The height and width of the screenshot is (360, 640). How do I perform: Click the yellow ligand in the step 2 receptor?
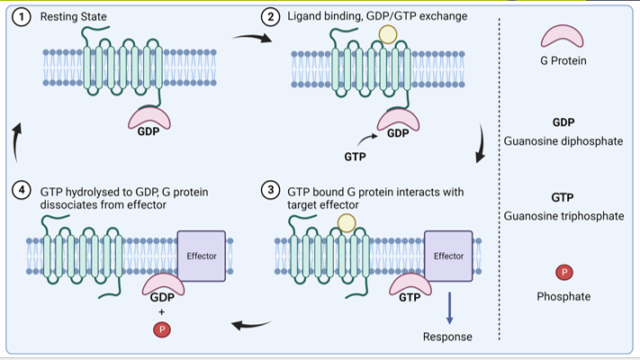point(387,35)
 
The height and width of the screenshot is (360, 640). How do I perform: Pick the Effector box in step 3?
point(448,256)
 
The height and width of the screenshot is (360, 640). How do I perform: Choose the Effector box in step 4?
point(202,256)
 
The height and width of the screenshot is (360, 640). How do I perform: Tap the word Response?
point(447,337)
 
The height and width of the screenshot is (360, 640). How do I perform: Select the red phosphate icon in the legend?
point(563,272)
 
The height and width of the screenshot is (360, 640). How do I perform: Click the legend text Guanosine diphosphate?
point(563,140)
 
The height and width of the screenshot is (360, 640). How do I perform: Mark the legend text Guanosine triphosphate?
point(563,216)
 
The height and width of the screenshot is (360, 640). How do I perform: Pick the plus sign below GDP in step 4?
point(162,312)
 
